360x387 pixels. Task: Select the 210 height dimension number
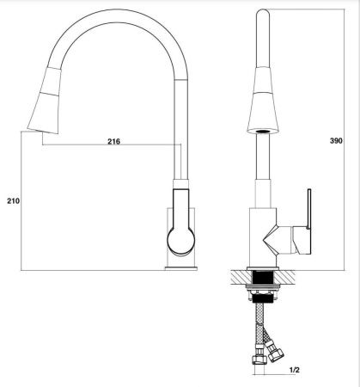(12, 201)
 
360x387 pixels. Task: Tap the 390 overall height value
(344, 138)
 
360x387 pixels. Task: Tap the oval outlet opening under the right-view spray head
(262, 132)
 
